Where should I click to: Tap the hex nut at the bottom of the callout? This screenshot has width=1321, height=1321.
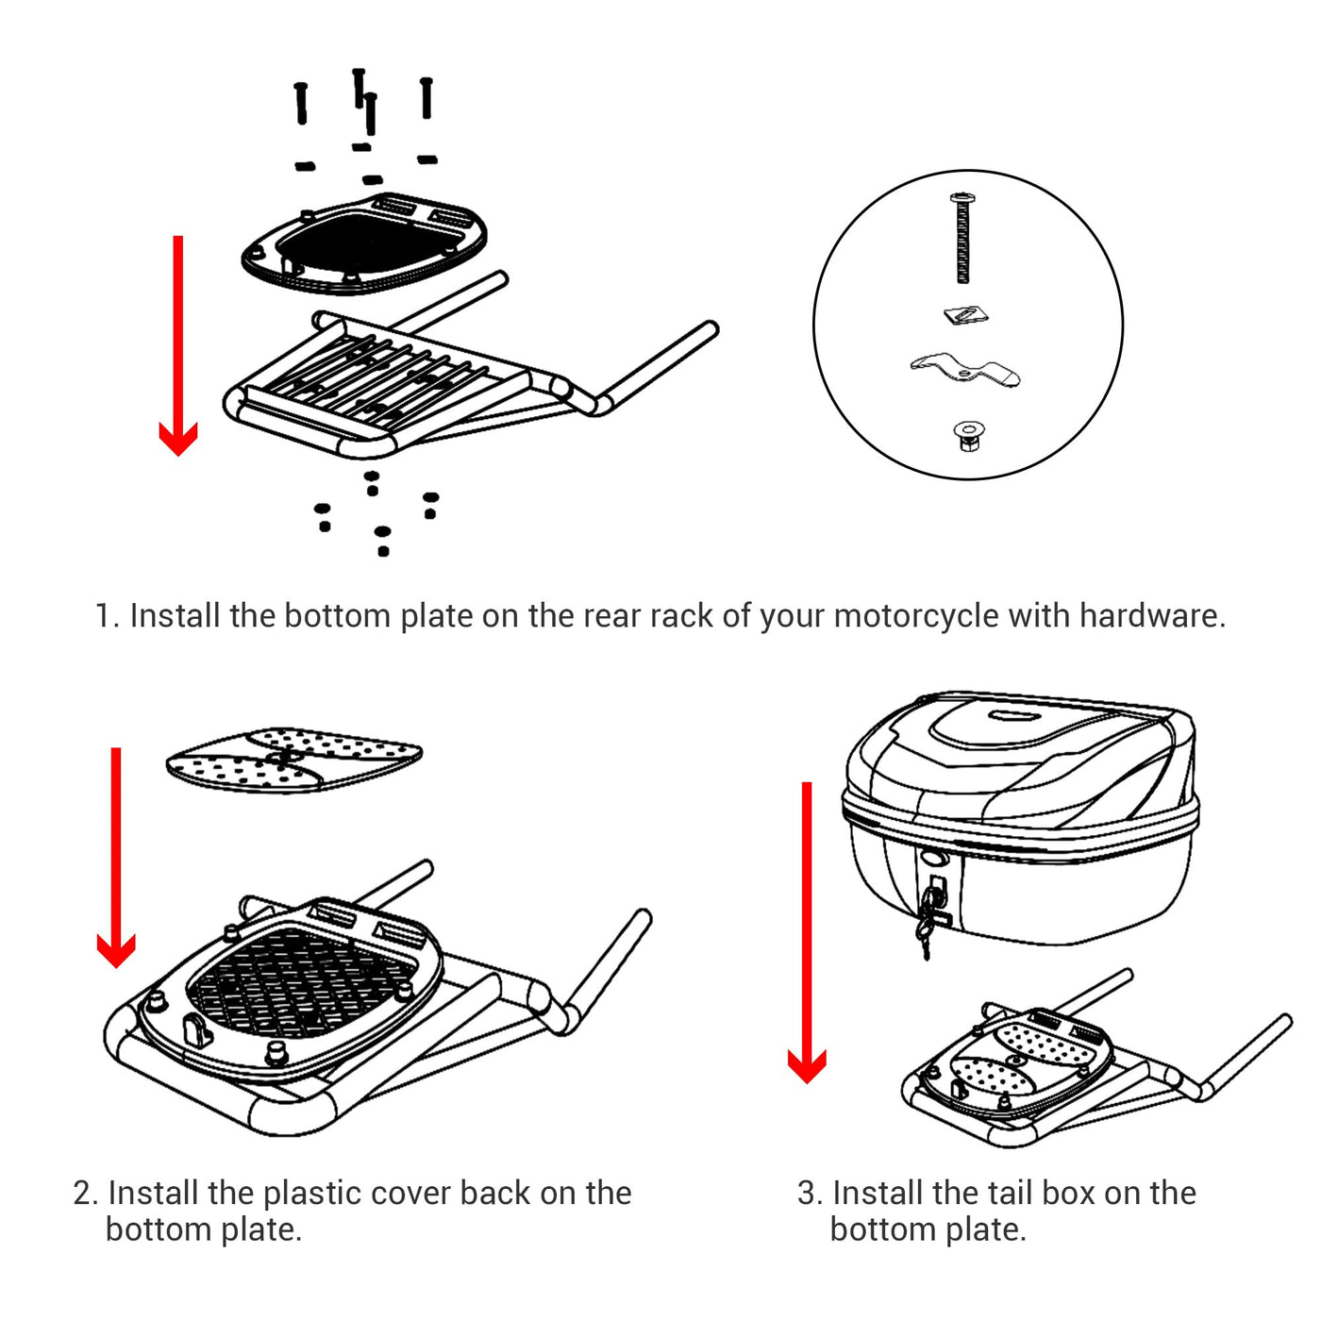[968, 436]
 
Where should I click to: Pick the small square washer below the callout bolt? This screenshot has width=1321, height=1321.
[965, 315]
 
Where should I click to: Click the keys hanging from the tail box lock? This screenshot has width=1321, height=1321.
[929, 920]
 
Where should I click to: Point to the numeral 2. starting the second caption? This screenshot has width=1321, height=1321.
[85, 1193]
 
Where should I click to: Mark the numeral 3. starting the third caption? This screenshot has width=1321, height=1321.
[810, 1193]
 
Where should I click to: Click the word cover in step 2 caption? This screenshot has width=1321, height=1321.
[415, 1193]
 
